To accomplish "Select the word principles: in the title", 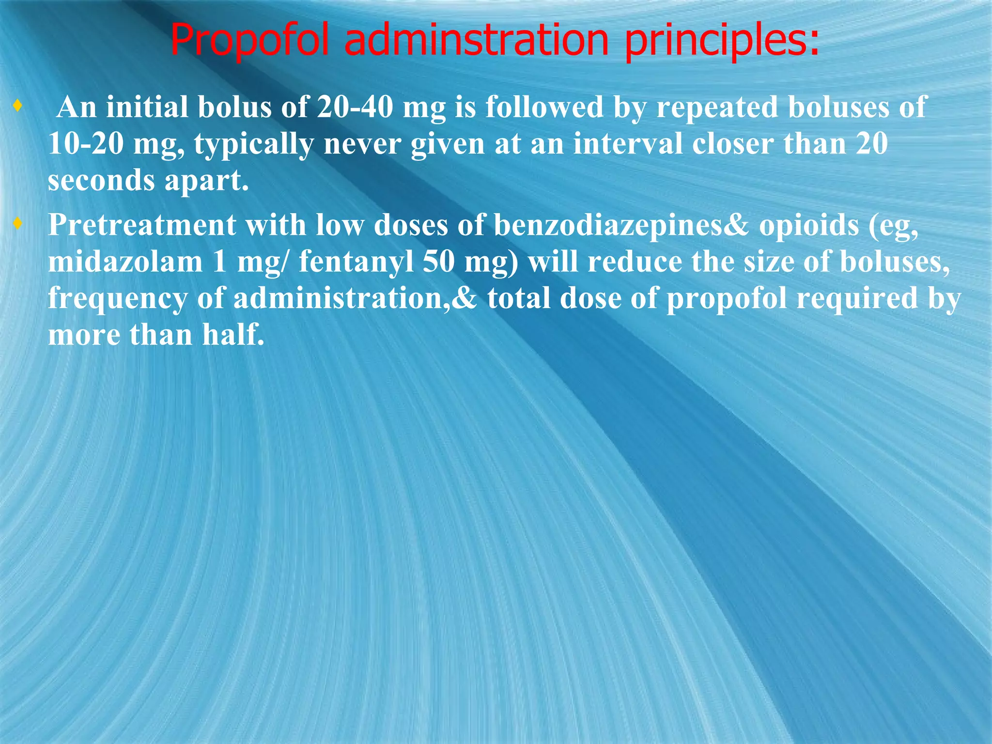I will coord(722,42).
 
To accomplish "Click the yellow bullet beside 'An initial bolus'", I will coord(18,105).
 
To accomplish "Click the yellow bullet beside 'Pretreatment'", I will coord(18,224).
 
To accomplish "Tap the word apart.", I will coord(207,181).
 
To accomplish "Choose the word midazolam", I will coord(125,262).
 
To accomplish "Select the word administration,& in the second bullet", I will coord(355,298).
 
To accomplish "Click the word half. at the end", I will coord(233,335).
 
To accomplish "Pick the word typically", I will coord(254,144).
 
